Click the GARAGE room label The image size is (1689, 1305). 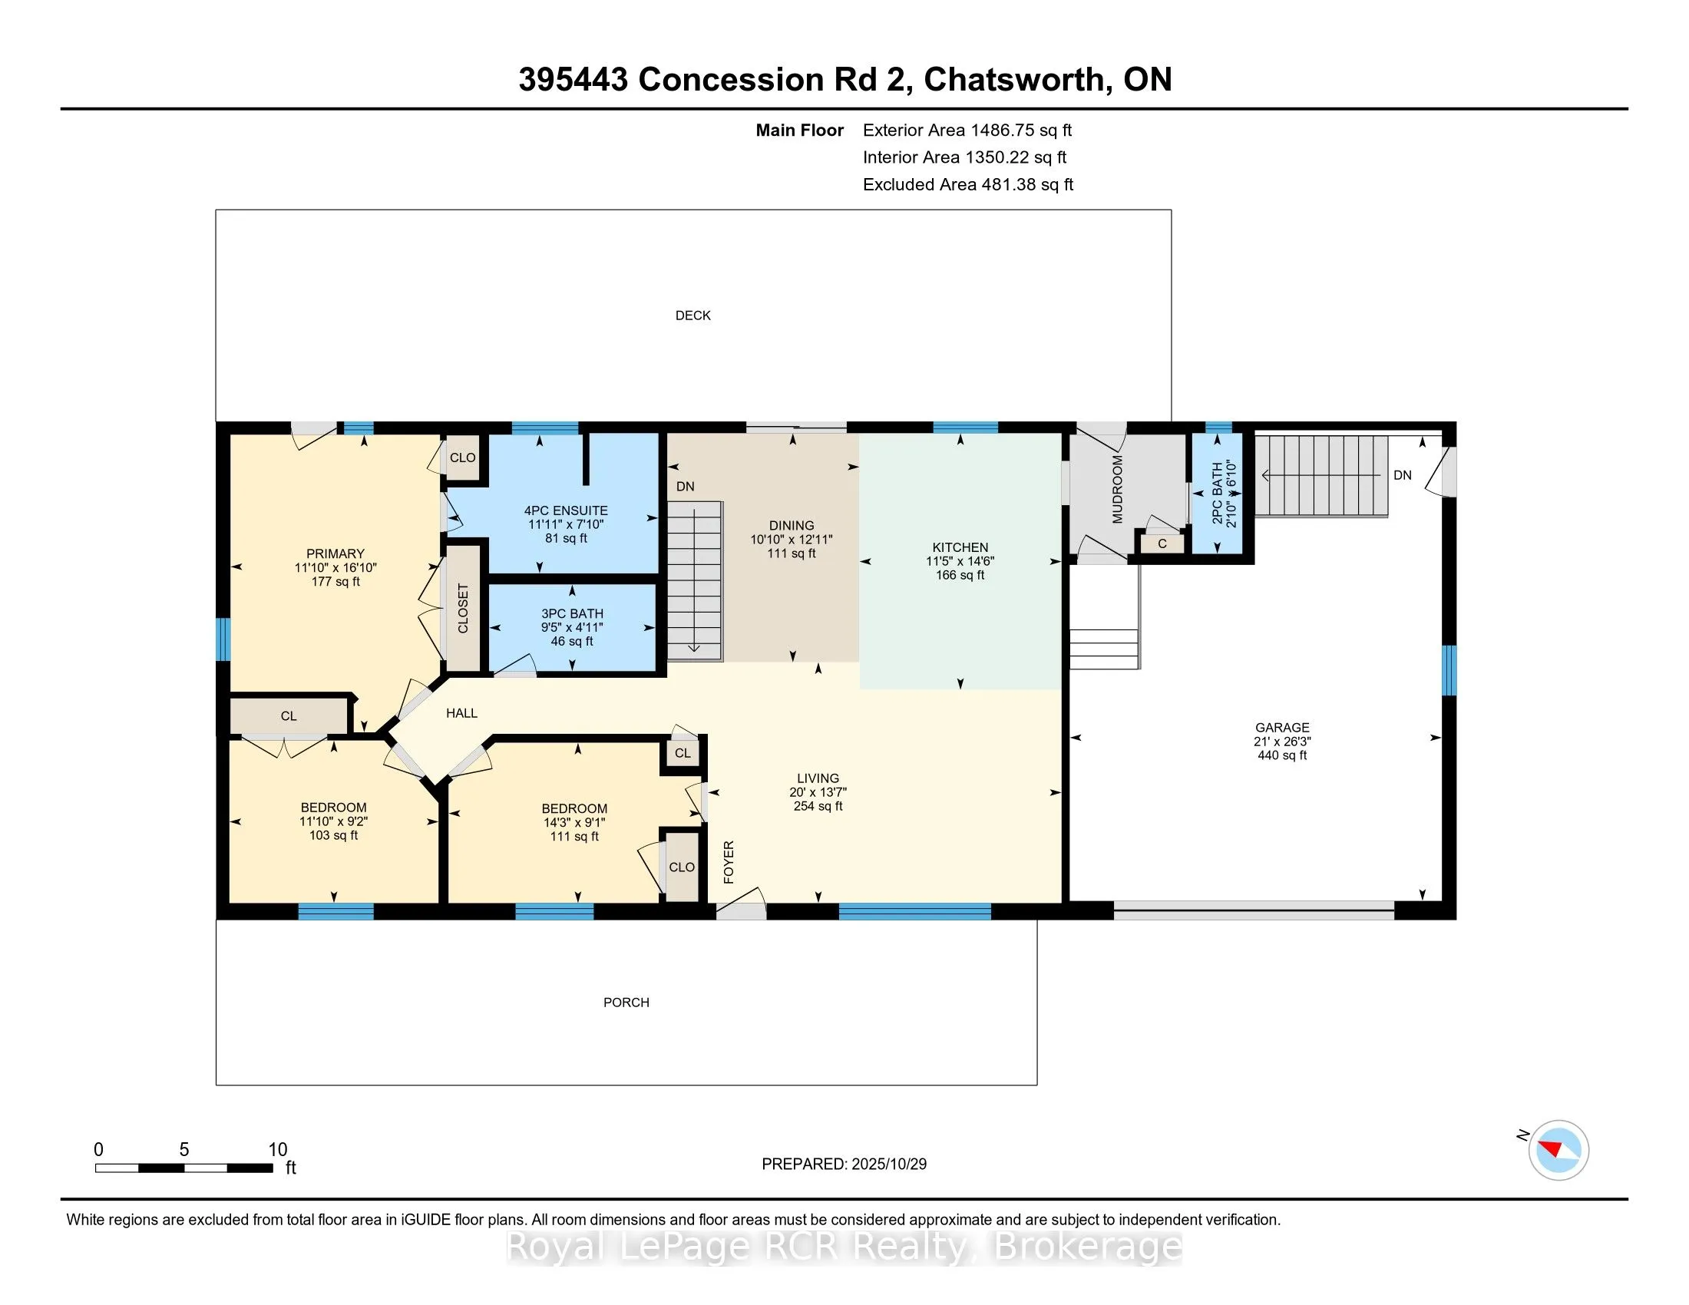coord(1281,728)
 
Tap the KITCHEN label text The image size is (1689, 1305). coord(960,547)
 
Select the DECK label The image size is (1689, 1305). coord(692,316)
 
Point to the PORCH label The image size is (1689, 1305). coord(626,1003)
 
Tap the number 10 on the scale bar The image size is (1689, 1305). coord(278,1150)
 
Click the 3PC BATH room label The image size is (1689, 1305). coord(571,614)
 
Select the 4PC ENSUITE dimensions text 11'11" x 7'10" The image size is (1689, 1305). coord(565,524)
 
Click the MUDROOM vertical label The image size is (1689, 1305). coord(1118,490)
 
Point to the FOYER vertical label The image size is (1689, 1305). coord(729,862)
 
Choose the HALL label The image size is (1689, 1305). coord(461,714)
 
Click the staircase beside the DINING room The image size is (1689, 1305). coord(695,580)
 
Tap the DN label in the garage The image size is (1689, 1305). coord(1402,475)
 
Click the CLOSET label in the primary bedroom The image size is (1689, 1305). coord(463,609)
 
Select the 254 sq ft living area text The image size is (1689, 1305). coord(818,806)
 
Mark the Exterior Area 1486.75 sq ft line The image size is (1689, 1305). coord(967,130)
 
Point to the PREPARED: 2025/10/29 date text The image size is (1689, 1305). coord(844,1165)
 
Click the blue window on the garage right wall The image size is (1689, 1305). coord(1449,670)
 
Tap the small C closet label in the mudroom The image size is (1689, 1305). coord(1162,544)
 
